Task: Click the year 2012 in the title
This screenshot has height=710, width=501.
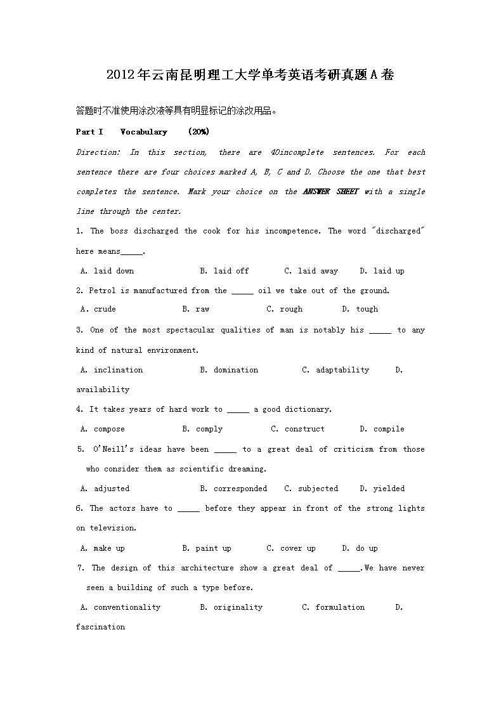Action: [x=121, y=75]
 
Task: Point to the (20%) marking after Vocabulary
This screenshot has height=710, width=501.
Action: [x=198, y=132]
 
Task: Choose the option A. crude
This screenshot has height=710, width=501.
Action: [x=98, y=309]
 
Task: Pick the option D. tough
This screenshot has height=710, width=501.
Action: [x=360, y=309]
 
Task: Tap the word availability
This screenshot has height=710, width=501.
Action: [x=103, y=390]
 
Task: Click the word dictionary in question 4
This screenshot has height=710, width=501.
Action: [x=308, y=409]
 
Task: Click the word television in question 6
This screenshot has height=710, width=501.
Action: [x=112, y=528]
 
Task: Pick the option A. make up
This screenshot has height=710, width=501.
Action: [x=103, y=548]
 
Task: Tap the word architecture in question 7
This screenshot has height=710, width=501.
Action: [x=207, y=568]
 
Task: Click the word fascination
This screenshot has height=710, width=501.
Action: [x=100, y=627]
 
